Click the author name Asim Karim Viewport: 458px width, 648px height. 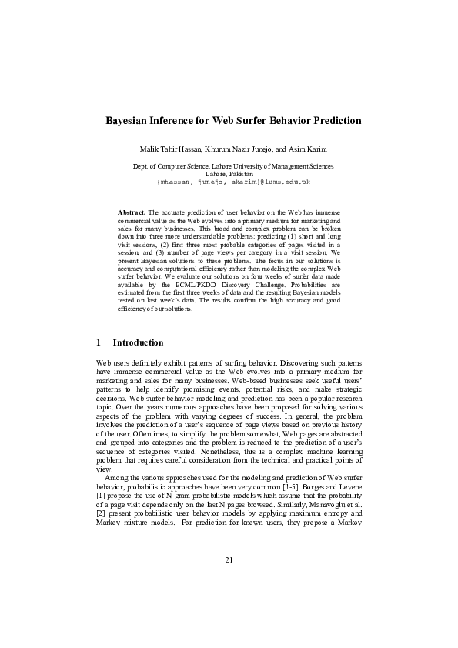[x=304, y=148]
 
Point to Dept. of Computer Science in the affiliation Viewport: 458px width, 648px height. [x=171, y=166]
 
